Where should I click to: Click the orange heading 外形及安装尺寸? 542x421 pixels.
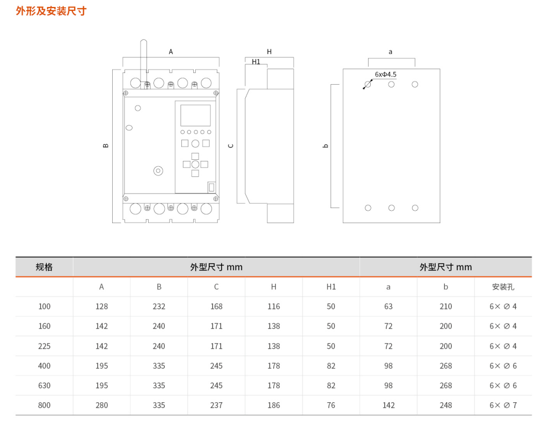click(x=51, y=11)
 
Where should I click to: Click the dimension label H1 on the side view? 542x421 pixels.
click(x=256, y=62)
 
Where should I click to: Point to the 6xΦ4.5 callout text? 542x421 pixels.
click(x=386, y=75)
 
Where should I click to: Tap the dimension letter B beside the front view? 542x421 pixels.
click(x=106, y=145)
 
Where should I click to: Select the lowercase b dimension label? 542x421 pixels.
click(x=325, y=145)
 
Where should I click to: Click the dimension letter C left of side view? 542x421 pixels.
click(x=231, y=145)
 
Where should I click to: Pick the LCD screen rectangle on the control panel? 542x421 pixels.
click(x=195, y=115)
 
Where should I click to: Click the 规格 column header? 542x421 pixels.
click(x=44, y=267)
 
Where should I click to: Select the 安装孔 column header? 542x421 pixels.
click(x=503, y=287)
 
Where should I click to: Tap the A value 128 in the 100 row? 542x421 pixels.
click(x=101, y=307)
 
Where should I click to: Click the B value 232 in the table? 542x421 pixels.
click(x=159, y=307)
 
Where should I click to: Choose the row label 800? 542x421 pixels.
click(x=44, y=405)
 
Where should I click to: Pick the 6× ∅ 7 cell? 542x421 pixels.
click(x=503, y=405)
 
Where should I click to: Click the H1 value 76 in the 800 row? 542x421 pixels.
click(x=331, y=405)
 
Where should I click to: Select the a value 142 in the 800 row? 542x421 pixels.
click(x=389, y=405)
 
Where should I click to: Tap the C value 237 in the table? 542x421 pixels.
click(x=216, y=405)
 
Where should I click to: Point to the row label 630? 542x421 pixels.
click(x=44, y=386)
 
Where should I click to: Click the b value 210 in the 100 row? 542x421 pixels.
click(x=445, y=307)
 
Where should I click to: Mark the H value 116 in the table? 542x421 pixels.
click(x=274, y=307)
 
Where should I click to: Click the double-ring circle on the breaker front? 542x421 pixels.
click(x=158, y=171)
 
